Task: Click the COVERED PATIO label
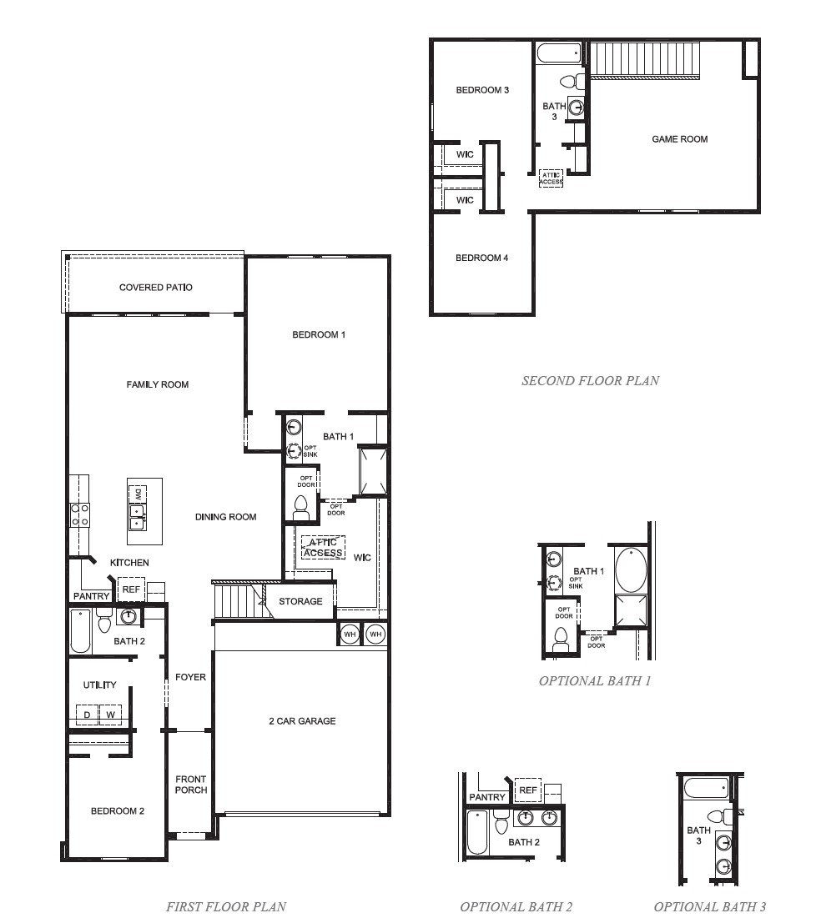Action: coord(155,288)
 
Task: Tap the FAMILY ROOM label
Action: coord(158,384)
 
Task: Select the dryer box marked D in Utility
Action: coord(87,715)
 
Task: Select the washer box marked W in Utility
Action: coord(110,715)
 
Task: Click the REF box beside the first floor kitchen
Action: coord(131,589)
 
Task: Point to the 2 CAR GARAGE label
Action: coord(302,720)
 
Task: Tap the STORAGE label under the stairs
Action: coord(300,601)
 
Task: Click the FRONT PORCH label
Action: coord(191,785)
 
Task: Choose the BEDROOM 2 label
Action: coord(118,810)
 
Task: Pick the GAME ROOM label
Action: coord(679,139)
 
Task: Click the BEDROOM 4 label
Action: coord(481,258)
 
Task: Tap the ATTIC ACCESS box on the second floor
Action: coord(551,178)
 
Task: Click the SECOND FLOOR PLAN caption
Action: coord(590,381)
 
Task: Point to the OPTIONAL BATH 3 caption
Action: coord(709,906)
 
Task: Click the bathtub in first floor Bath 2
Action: coord(79,630)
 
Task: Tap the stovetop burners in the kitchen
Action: coord(79,514)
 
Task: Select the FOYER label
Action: coord(190,677)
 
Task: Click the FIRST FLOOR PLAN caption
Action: coord(226,906)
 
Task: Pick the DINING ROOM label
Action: coord(225,517)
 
